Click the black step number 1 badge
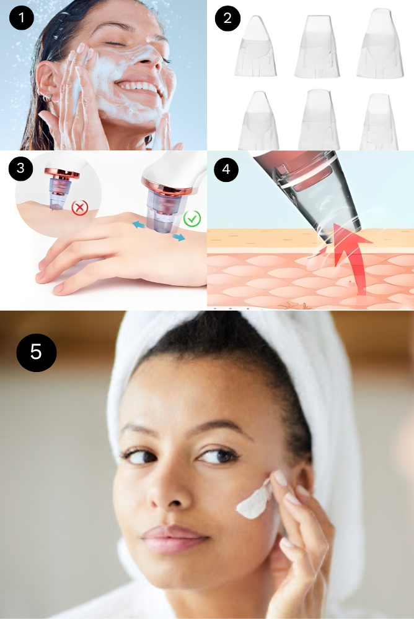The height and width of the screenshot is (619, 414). [x=21, y=18]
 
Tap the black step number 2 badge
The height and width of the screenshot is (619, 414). [x=227, y=18]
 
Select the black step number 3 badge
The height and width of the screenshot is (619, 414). [x=20, y=168]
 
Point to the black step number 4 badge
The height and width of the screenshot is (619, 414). [x=226, y=170]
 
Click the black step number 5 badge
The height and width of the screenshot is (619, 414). [x=37, y=352]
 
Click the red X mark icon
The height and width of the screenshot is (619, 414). [x=79, y=207]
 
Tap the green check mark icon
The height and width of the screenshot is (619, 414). [x=192, y=219]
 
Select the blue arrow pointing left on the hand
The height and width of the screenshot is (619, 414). [x=138, y=225]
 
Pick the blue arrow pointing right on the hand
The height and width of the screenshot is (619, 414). [x=178, y=236]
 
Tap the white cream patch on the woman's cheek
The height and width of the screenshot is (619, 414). [x=253, y=500]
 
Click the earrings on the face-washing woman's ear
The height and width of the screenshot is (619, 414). [x=46, y=97]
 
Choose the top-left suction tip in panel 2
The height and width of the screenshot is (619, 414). [x=255, y=46]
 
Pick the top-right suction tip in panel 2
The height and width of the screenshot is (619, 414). [x=380, y=43]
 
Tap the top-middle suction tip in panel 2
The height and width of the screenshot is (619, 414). [x=317, y=46]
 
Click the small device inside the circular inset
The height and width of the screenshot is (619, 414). [x=62, y=188]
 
